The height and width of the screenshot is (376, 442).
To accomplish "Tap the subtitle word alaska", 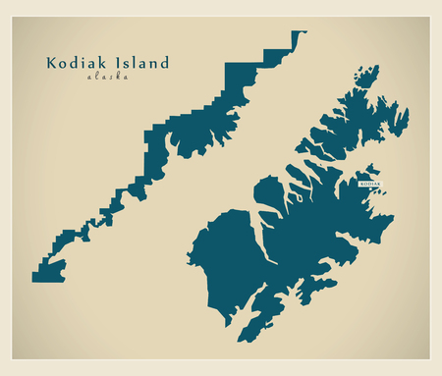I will click(107, 77).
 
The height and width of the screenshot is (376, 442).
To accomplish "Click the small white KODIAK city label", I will click(369, 184).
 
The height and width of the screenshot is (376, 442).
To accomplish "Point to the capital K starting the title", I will click(51, 63).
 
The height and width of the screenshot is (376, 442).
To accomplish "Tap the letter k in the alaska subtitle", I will click(121, 77).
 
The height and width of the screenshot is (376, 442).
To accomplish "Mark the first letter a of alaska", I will click(89, 77).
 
